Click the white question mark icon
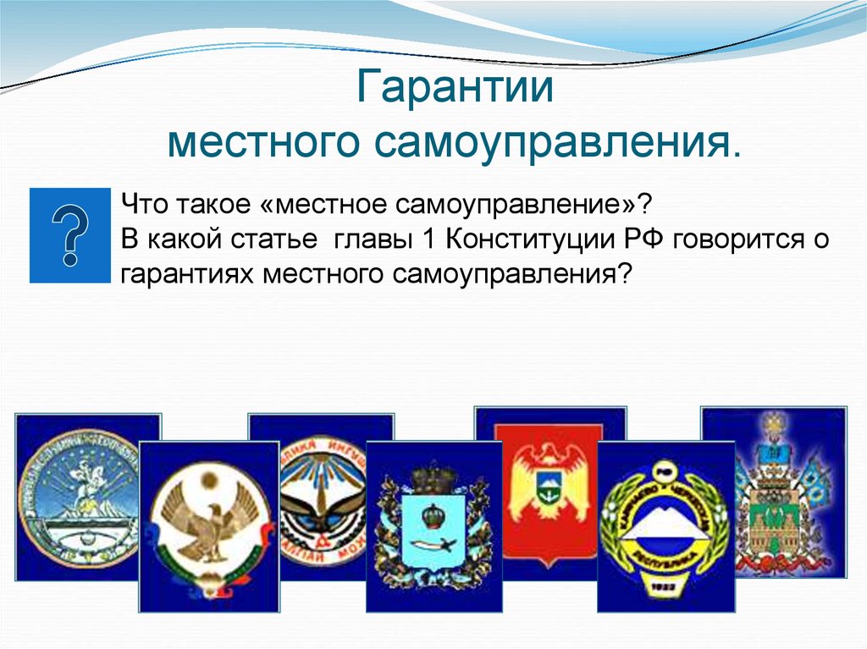pyautogui.click(x=70, y=235)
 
